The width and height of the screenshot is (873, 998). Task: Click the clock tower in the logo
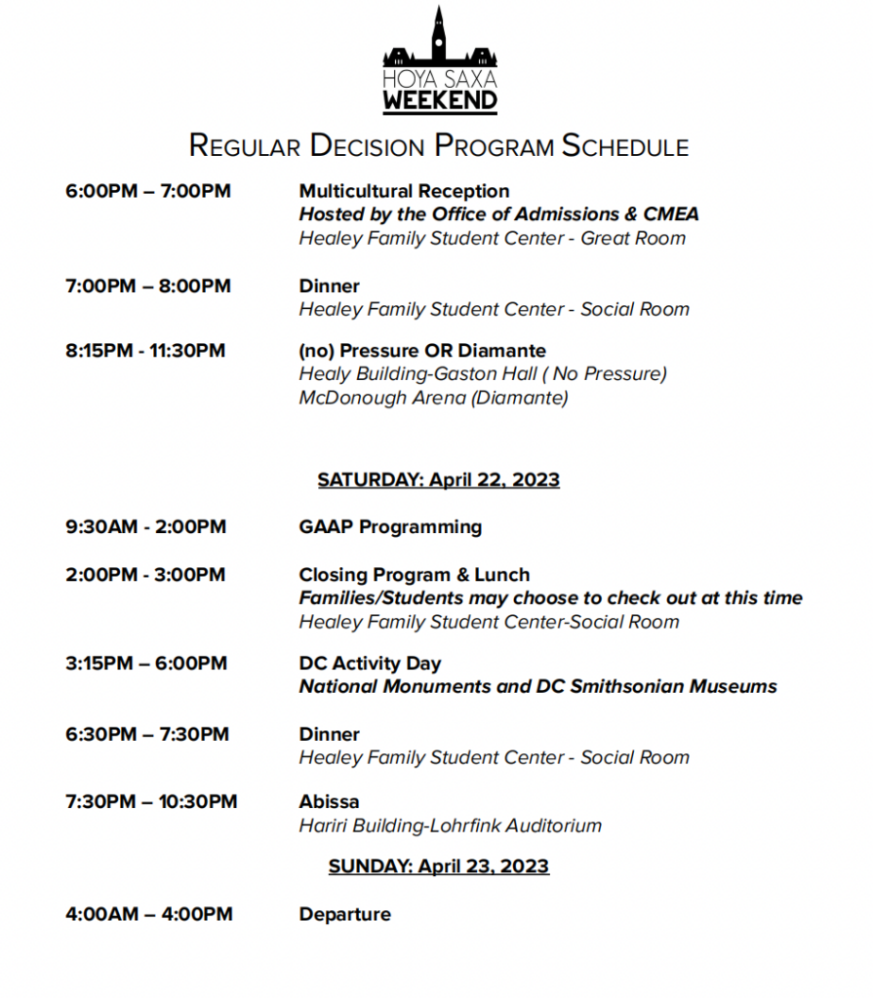[439, 34]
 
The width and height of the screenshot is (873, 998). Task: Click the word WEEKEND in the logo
[440, 99]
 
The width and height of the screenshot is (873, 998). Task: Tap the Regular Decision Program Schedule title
[439, 146]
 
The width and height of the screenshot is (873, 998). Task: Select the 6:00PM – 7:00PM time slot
[148, 191]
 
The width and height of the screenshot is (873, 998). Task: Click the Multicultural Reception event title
[404, 191]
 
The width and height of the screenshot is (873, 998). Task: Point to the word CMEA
[671, 214]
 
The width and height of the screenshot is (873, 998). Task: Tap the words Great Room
[633, 238]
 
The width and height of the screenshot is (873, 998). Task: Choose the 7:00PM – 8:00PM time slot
[148, 286]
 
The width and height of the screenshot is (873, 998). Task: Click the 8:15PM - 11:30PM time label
[145, 350]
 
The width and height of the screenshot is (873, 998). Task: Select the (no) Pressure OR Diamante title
[422, 350]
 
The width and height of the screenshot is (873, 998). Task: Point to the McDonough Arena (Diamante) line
[433, 397]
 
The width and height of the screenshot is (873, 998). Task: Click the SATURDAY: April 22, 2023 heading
[439, 480]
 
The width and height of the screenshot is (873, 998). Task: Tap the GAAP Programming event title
[390, 527]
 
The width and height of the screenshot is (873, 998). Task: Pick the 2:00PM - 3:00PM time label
[145, 575]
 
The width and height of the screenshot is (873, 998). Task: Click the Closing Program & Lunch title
[415, 575]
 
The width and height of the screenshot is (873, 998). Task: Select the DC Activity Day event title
[370, 664]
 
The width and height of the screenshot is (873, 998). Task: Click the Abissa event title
[329, 802]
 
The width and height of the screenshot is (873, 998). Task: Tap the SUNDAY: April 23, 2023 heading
[439, 866]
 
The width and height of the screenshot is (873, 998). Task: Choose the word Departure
[344, 914]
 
